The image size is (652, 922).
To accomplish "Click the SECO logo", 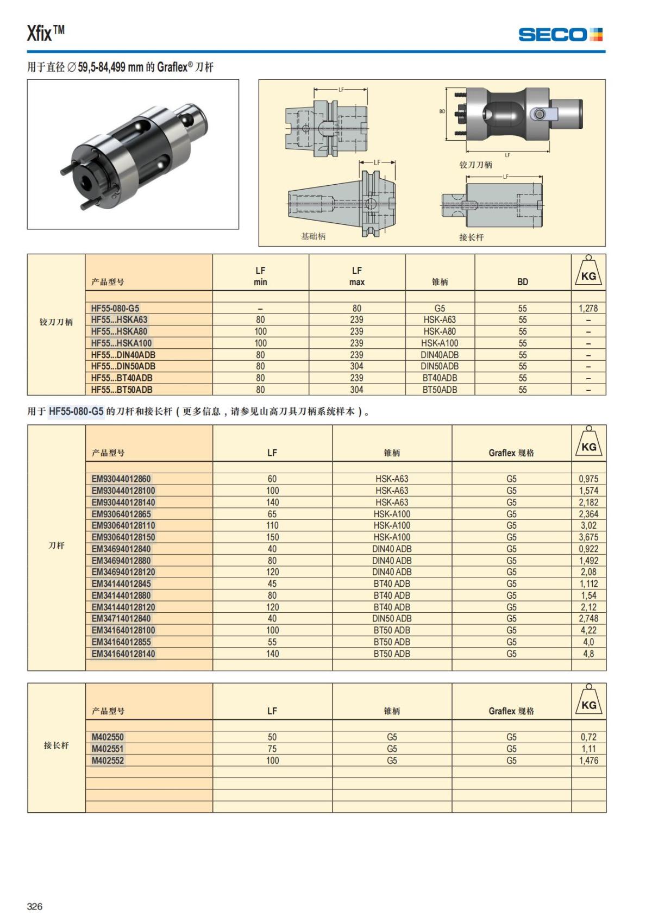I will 560,35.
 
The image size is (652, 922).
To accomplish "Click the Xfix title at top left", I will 46,34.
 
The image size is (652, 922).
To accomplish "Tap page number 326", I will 35,906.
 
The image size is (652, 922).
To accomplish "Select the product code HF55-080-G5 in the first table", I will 115,308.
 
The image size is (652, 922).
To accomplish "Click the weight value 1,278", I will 588,308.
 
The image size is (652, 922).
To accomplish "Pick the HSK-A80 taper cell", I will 440,331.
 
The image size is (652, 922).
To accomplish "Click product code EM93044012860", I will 121,479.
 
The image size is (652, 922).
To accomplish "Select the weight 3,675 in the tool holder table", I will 588,537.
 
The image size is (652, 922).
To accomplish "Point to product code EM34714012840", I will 121,618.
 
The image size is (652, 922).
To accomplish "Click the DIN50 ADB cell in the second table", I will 392,618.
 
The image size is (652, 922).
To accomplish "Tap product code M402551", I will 108,749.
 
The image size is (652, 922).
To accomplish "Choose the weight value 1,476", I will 588,761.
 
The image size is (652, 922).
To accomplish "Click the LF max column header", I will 357,276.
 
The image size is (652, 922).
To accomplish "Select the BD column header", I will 523,281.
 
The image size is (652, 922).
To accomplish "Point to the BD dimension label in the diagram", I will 442,111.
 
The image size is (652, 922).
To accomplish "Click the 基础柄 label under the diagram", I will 314,236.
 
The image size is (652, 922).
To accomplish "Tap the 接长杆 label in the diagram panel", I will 471,237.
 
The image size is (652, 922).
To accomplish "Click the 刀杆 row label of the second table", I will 57,545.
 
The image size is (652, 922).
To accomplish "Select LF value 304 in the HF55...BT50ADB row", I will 357,390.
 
